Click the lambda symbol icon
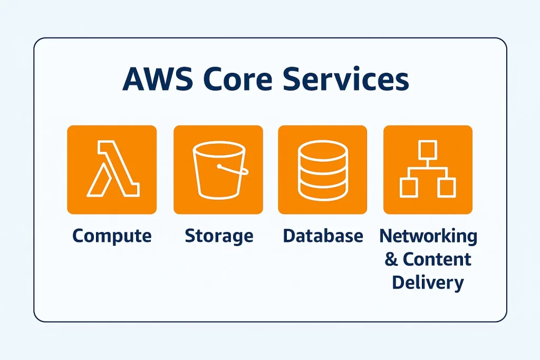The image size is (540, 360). tap(112, 169)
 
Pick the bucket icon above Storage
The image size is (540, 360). tap(218, 169)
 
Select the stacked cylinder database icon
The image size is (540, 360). tap(323, 169)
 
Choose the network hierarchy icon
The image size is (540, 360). tap(428, 169)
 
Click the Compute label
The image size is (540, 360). tap(112, 236)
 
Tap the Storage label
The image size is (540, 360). tap(219, 236)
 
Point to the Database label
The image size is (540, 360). tap(323, 236)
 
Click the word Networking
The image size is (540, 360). tap(428, 236)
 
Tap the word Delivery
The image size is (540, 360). tap(428, 282)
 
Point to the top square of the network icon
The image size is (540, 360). tap(428, 150)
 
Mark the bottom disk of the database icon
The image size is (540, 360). tap(323, 190)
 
